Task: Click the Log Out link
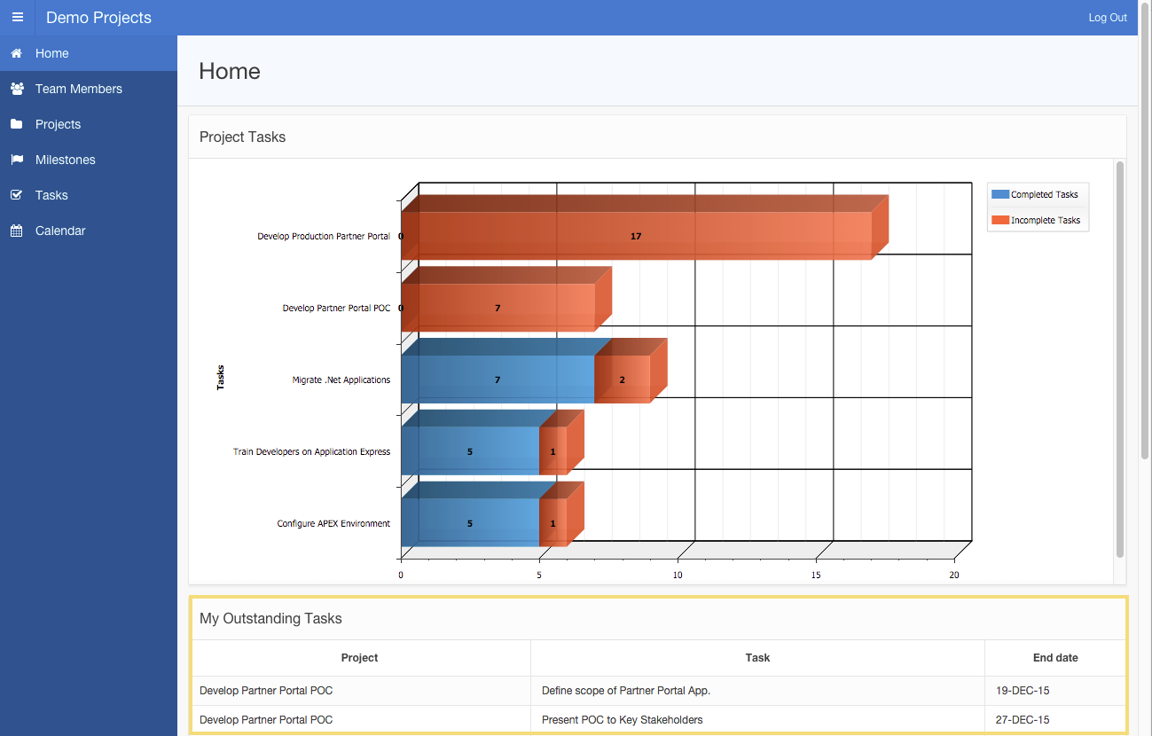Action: click(x=1108, y=18)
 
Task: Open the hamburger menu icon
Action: click(x=18, y=18)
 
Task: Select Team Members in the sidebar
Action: click(x=78, y=89)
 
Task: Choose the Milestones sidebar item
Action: click(x=65, y=160)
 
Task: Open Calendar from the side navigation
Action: click(x=60, y=231)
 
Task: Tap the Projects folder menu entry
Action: click(x=58, y=124)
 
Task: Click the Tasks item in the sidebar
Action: click(x=51, y=195)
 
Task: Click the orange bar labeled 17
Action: click(x=636, y=236)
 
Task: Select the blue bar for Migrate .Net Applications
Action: click(x=497, y=380)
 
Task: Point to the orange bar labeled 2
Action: click(x=622, y=380)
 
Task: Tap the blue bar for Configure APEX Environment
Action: click(x=469, y=523)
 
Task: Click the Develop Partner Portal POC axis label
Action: click(x=336, y=309)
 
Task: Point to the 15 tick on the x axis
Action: click(x=816, y=575)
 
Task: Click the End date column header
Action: click(x=1055, y=658)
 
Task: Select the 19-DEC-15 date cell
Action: click(x=1023, y=690)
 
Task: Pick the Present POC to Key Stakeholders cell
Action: click(x=622, y=720)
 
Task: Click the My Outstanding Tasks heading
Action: click(x=270, y=618)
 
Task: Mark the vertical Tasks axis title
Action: click(x=221, y=378)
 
